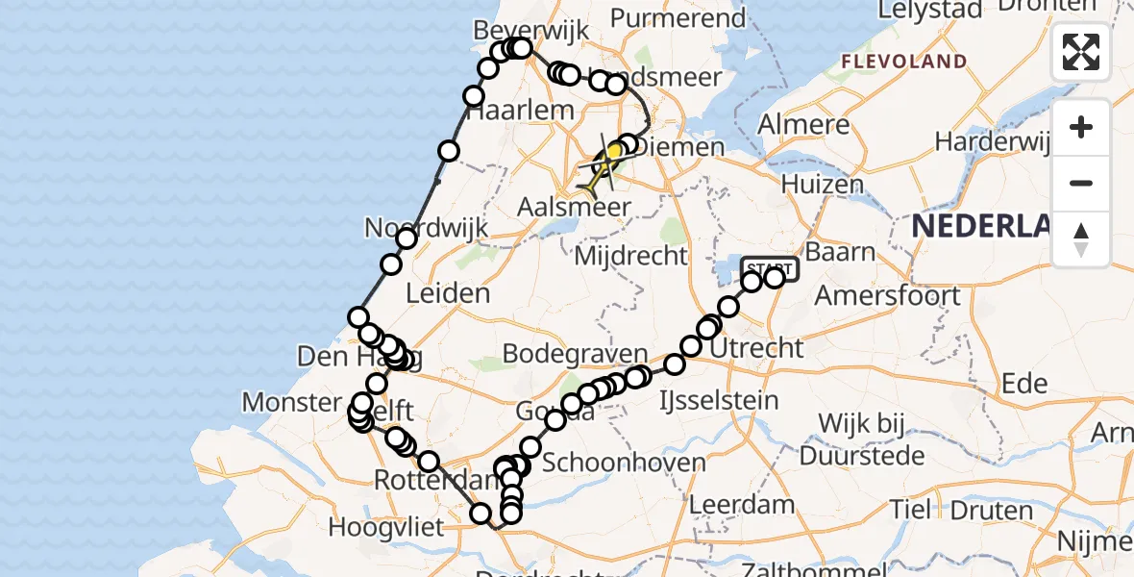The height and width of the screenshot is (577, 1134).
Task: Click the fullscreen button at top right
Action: [x=1081, y=52]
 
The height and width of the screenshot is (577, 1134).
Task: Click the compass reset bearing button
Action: [x=1081, y=238]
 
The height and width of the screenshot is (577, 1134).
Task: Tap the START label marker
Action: [x=770, y=267]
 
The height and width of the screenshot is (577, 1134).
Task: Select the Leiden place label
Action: [x=448, y=292]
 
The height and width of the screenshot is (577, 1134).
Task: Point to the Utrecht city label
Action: [x=756, y=347]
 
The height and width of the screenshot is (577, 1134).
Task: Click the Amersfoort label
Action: [x=887, y=295]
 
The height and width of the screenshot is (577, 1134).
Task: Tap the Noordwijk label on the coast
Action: [x=427, y=229]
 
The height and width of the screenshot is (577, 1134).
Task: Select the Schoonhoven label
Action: [x=624, y=463]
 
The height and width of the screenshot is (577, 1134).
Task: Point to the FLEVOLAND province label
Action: [x=904, y=62]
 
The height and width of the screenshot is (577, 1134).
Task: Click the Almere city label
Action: [x=804, y=125]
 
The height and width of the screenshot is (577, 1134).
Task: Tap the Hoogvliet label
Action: [x=385, y=527]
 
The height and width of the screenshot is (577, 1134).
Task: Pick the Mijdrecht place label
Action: [x=630, y=256]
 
